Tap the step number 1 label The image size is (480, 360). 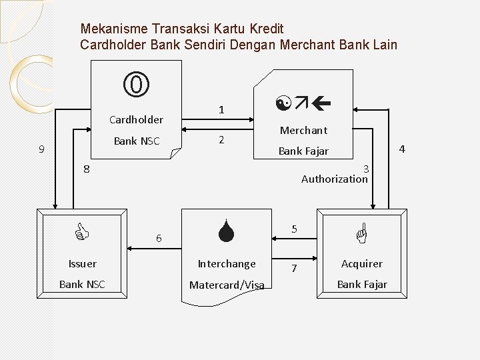221,109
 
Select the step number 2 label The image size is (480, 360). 221,140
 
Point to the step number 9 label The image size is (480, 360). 41,149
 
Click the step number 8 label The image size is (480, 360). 86,169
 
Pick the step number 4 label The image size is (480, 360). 401,148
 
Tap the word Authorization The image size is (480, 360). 334,179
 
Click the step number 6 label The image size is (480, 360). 158,238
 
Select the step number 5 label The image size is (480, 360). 294,229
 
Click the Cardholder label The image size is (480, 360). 136,120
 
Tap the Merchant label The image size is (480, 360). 303,131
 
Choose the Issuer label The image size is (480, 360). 82,264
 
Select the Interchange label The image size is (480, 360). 227,264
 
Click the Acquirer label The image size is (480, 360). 362,264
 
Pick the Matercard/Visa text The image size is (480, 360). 227,285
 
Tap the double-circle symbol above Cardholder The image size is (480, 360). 136,85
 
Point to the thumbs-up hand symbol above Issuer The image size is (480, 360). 81,233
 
